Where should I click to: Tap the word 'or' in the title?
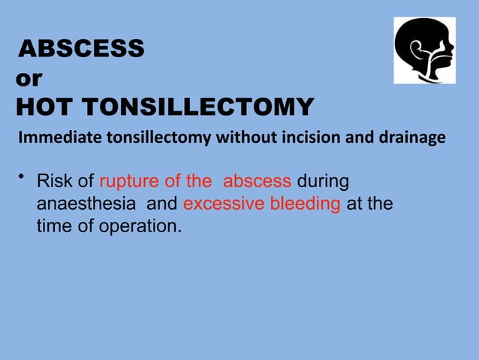coord(29,78)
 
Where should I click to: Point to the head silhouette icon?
coord(424,52)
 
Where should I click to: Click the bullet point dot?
coord(23,177)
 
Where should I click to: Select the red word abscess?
coord(257,181)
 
